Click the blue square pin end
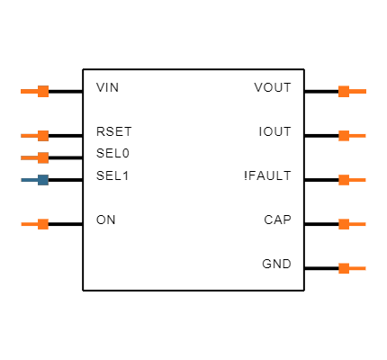(x=43, y=180)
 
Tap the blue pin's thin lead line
(x=29, y=180)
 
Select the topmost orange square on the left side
(x=43, y=91)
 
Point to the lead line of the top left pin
(x=29, y=91)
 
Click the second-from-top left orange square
(x=43, y=136)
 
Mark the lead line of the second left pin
(x=29, y=136)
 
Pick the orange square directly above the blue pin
(x=43, y=157)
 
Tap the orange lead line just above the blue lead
(x=29, y=157)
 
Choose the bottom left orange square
(x=43, y=224)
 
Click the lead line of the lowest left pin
(x=29, y=224)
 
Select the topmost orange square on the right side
(x=344, y=91)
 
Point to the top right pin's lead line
(x=358, y=91)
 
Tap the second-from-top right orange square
(x=344, y=136)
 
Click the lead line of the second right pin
(x=358, y=136)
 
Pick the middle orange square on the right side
(x=344, y=180)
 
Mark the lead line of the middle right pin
(x=358, y=180)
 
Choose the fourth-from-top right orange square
(x=344, y=224)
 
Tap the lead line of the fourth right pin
(x=358, y=224)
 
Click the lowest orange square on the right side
(x=344, y=268)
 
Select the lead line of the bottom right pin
(x=358, y=268)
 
